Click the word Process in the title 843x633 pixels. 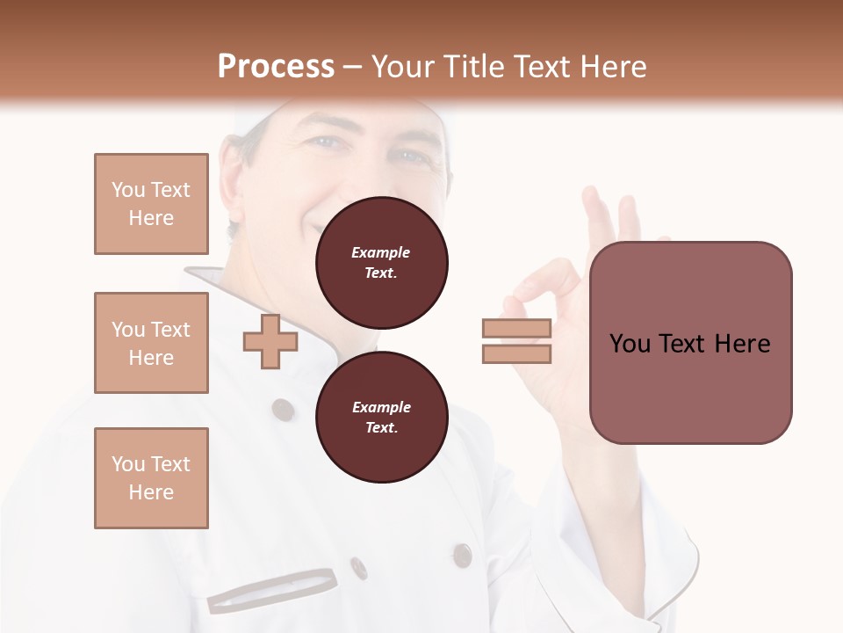276,66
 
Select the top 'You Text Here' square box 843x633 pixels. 151,204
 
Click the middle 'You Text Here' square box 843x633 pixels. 151,343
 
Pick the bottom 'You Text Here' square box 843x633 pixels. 151,478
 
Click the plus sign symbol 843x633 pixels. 270,341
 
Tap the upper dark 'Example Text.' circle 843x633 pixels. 381,263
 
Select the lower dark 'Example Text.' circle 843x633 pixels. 381,417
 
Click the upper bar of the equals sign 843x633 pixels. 516,328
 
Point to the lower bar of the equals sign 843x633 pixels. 516,353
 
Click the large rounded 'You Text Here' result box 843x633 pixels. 690,342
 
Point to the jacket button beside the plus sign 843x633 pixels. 283,409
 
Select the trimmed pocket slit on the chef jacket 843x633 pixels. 272,590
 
